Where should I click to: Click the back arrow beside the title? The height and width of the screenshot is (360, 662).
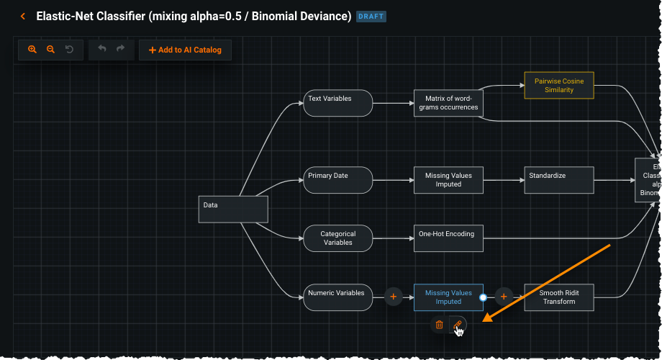tap(23, 16)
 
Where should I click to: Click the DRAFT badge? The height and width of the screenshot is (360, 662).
tap(371, 16)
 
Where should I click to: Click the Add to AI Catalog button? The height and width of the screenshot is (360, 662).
tap(185, 50)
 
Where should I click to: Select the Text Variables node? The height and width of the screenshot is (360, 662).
tap(337, 103)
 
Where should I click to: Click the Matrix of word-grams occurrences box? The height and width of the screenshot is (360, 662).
tap(448, 103)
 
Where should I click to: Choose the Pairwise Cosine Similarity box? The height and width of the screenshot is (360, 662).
tap(559, 86)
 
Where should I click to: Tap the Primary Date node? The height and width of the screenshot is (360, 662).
tap(337, 180)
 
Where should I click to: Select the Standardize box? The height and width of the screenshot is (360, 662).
tap(559, 180)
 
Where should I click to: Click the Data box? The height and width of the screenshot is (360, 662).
tap(233, 209)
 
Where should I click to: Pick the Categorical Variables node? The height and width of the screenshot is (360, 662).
tap(337, 238)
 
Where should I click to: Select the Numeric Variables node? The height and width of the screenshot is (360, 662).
tap(337, 297)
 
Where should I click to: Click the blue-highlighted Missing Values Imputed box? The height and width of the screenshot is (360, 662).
tap(448, 297)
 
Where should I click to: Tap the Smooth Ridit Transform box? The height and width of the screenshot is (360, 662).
tap(559, 297)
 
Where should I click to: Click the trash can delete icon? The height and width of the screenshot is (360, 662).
tap(439, 325)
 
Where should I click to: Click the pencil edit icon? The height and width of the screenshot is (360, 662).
tap(458, 325)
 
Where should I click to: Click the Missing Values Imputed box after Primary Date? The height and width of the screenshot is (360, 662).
tap(448, 180)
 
